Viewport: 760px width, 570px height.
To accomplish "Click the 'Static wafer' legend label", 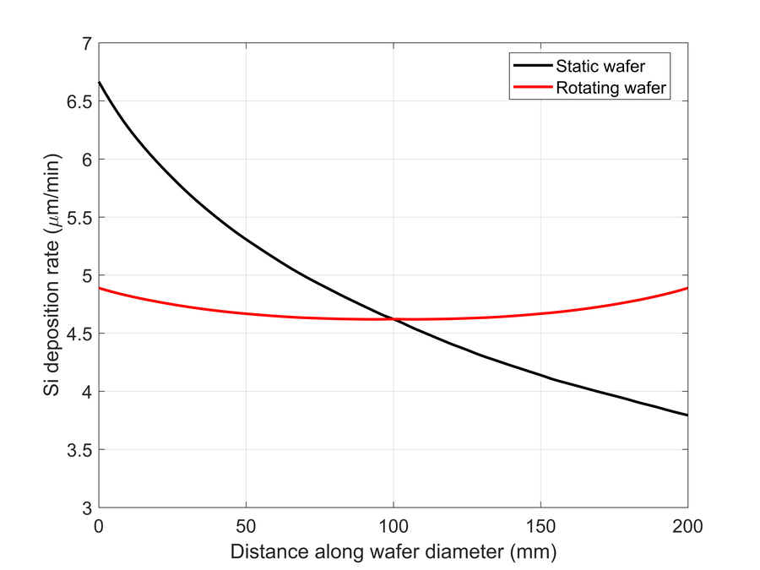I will point(600,64).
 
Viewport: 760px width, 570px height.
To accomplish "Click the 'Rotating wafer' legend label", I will point(611,88).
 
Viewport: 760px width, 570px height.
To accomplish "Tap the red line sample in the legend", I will point(530,88).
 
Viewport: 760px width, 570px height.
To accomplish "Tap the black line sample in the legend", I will point(530,64).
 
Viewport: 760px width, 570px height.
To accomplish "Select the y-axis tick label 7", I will point(85,43).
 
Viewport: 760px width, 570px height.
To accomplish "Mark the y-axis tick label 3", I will point(85,508).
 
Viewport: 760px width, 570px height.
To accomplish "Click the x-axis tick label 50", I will point(246,526).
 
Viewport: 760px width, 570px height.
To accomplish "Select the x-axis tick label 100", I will point(394,526).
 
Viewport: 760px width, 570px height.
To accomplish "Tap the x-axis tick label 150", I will point(540,526).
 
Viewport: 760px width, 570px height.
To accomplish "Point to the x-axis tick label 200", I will point(687,526).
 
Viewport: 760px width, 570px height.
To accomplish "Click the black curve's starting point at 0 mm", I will point(100,82).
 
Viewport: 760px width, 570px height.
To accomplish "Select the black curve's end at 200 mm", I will point(687,415).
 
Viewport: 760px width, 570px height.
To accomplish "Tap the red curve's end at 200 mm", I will point(687,288).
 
